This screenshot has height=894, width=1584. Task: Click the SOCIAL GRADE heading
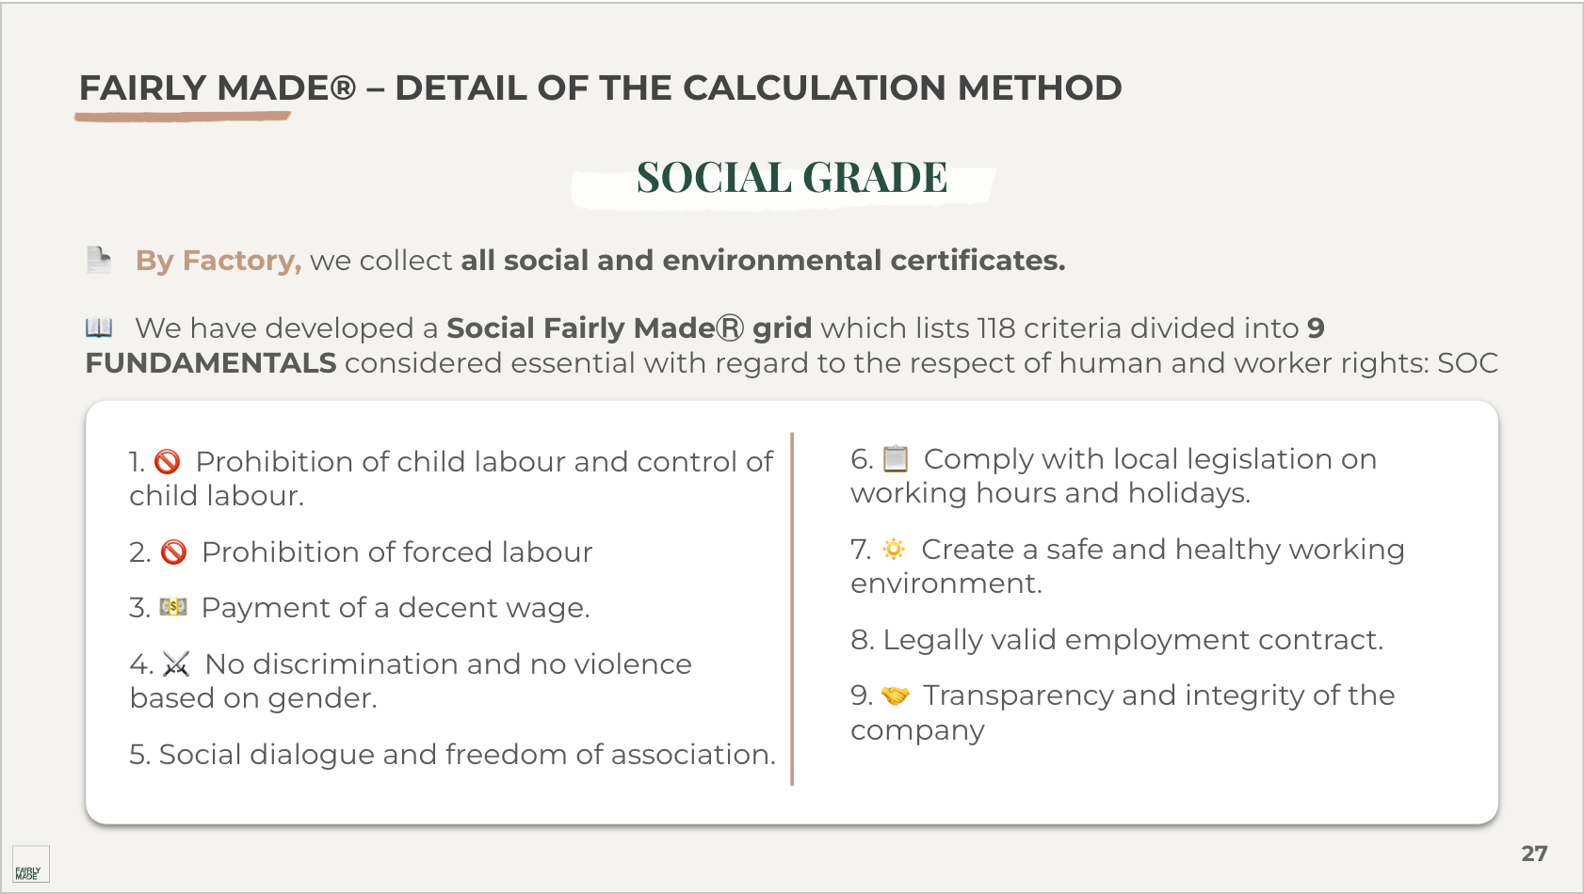(x=791, y=178)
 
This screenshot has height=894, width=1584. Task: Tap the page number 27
(x=1534, y=854)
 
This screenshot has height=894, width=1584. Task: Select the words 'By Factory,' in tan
(x=218, y=261)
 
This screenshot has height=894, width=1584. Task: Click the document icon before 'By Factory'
(x=99, y=260)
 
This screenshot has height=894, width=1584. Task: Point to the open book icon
(x=99, y=327)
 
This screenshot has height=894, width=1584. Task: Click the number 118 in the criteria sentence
(x=995, y=328)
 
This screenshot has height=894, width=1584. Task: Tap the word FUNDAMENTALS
(x=211, y=363)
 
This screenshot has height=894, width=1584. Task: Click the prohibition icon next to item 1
(x=168, y=462)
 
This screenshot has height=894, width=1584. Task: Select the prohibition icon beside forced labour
(x=174, y=552)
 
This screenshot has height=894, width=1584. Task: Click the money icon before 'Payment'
(x=173, y=608)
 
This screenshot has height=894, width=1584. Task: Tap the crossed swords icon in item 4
(x=176, y=664)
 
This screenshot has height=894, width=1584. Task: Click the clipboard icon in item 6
(x=896, y=459)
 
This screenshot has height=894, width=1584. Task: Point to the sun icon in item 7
(x=894, y=550)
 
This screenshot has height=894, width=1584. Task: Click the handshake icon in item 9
(x=895, y=696)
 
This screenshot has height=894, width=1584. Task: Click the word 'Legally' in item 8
(x=929, y=640)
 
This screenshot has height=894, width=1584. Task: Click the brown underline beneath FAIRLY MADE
(x=183, y=117)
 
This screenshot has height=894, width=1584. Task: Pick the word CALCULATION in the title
(x=814, y=88)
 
